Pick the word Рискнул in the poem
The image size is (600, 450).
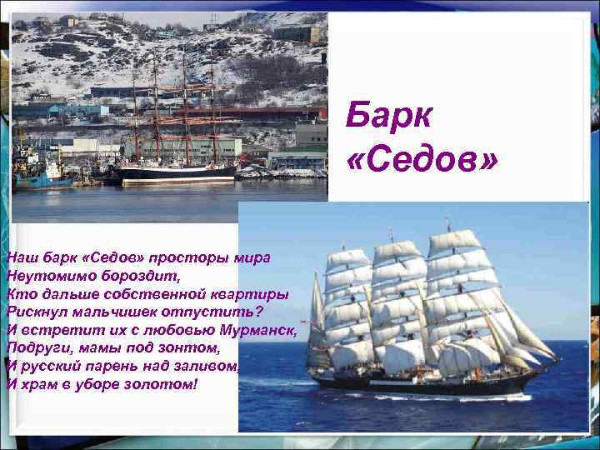click(38, 311)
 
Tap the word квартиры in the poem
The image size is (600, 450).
click(250, 292)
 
